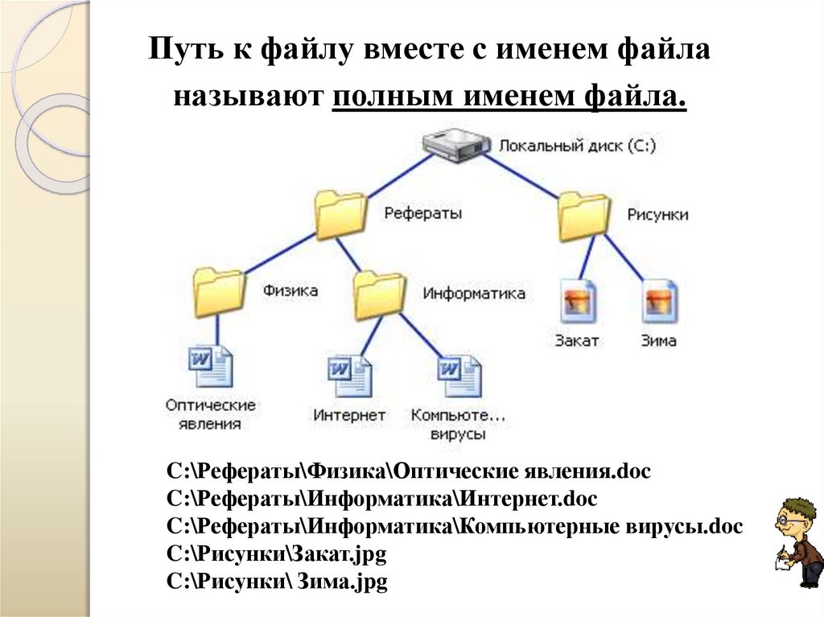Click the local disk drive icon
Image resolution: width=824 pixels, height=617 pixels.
[456, 146]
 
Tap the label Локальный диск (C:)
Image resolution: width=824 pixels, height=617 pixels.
[578, 146]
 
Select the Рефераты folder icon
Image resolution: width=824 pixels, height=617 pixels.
[340, 214]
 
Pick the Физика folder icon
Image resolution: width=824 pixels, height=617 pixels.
[219, 291]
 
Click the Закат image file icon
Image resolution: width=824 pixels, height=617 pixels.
[578, 302]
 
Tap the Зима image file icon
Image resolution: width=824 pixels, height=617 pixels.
[661, 302]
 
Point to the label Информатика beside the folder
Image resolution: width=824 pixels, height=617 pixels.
[474, 294]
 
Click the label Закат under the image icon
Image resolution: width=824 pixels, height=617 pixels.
[576, 340]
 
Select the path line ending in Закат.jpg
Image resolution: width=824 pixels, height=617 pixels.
[278, 555]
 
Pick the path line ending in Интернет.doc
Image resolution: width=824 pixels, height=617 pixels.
[382, 500]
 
